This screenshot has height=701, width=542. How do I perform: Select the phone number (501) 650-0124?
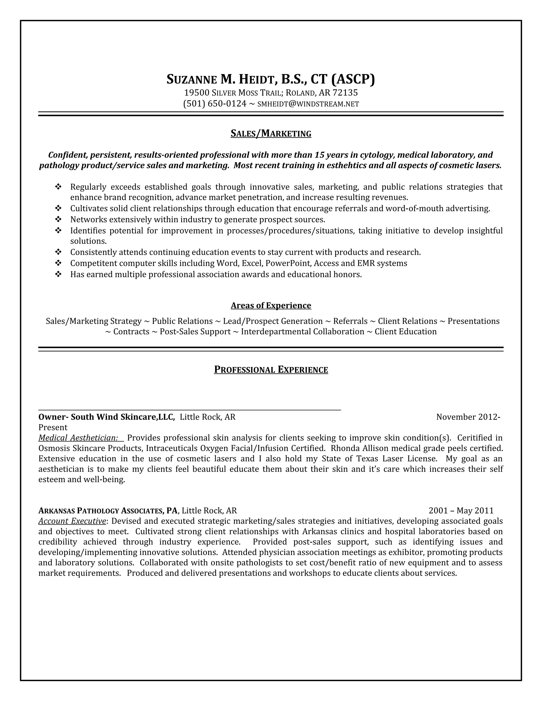(214, 104)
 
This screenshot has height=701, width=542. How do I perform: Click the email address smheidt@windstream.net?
(308, 104)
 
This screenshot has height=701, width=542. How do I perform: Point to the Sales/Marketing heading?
(271, 133)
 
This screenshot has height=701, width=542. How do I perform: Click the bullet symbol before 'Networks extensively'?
(58, 220)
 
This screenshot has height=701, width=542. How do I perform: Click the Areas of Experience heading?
(271, 305)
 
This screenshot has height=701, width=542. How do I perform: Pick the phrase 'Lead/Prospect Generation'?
(273, 321)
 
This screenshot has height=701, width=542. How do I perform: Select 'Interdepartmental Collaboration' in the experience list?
(302, 331)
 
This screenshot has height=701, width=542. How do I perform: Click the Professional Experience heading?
(271, 370)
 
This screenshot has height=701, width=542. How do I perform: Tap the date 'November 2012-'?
(468, 417)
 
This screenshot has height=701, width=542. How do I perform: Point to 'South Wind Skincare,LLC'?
(123, 417)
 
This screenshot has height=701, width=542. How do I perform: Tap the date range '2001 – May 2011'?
(461, 511)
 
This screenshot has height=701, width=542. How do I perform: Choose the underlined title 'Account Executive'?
(72, 521)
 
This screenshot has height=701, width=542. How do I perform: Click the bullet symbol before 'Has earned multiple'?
(58, 274)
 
